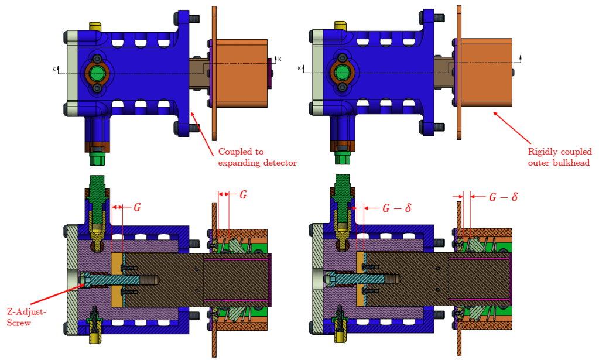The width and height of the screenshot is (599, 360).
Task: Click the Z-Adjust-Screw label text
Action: click(26, 316)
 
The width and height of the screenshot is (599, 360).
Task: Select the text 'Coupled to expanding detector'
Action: click(257, 157)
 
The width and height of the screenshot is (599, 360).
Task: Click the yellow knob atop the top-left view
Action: click(95, 28)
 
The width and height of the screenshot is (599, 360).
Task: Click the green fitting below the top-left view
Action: click(95, 158)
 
